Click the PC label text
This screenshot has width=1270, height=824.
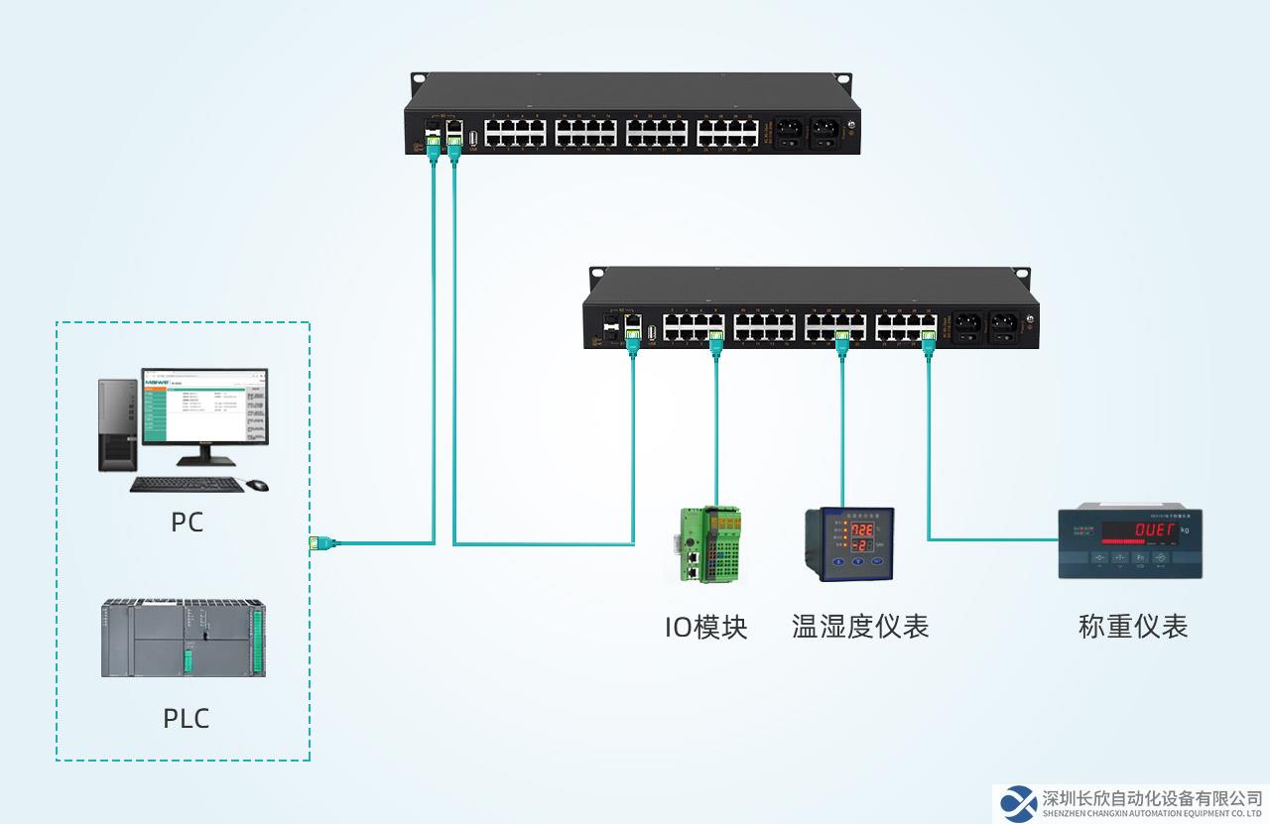(187, 522)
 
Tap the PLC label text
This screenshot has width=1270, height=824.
(187, 718)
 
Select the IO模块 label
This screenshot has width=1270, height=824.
(705, 627)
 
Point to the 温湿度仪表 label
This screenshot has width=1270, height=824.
(860, 627)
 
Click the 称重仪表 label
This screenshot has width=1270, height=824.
(1133, 627)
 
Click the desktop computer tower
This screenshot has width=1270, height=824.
(117, 423)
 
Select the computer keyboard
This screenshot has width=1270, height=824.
(187, 485)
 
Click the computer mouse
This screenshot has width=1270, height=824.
(257, 485)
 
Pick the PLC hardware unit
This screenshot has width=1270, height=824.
(184, 639)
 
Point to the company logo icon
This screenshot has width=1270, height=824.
(1017, 802)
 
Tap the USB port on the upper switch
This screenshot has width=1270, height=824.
(473, 138)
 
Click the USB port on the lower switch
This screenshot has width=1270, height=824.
(652, 332)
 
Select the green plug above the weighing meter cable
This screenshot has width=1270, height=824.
(929, 342)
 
